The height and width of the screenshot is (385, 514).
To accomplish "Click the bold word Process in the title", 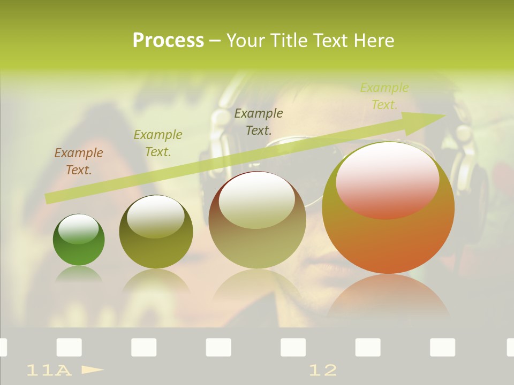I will pos(168,41).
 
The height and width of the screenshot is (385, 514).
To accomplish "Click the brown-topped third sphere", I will pos(257,235).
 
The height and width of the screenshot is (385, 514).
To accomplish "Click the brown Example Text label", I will pos(79,161).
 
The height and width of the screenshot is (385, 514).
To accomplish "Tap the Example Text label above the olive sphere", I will pos(158,143).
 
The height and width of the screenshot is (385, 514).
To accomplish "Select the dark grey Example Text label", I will pos(259,121).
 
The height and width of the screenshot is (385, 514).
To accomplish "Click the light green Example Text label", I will pos(384,96).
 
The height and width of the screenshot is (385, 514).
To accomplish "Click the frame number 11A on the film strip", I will pos(49,370).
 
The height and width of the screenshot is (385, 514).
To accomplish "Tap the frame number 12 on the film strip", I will pos(323,370).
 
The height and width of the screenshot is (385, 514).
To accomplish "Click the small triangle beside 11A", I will pos(92,369).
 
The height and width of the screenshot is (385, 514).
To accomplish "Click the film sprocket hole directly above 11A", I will pos(69,347).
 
